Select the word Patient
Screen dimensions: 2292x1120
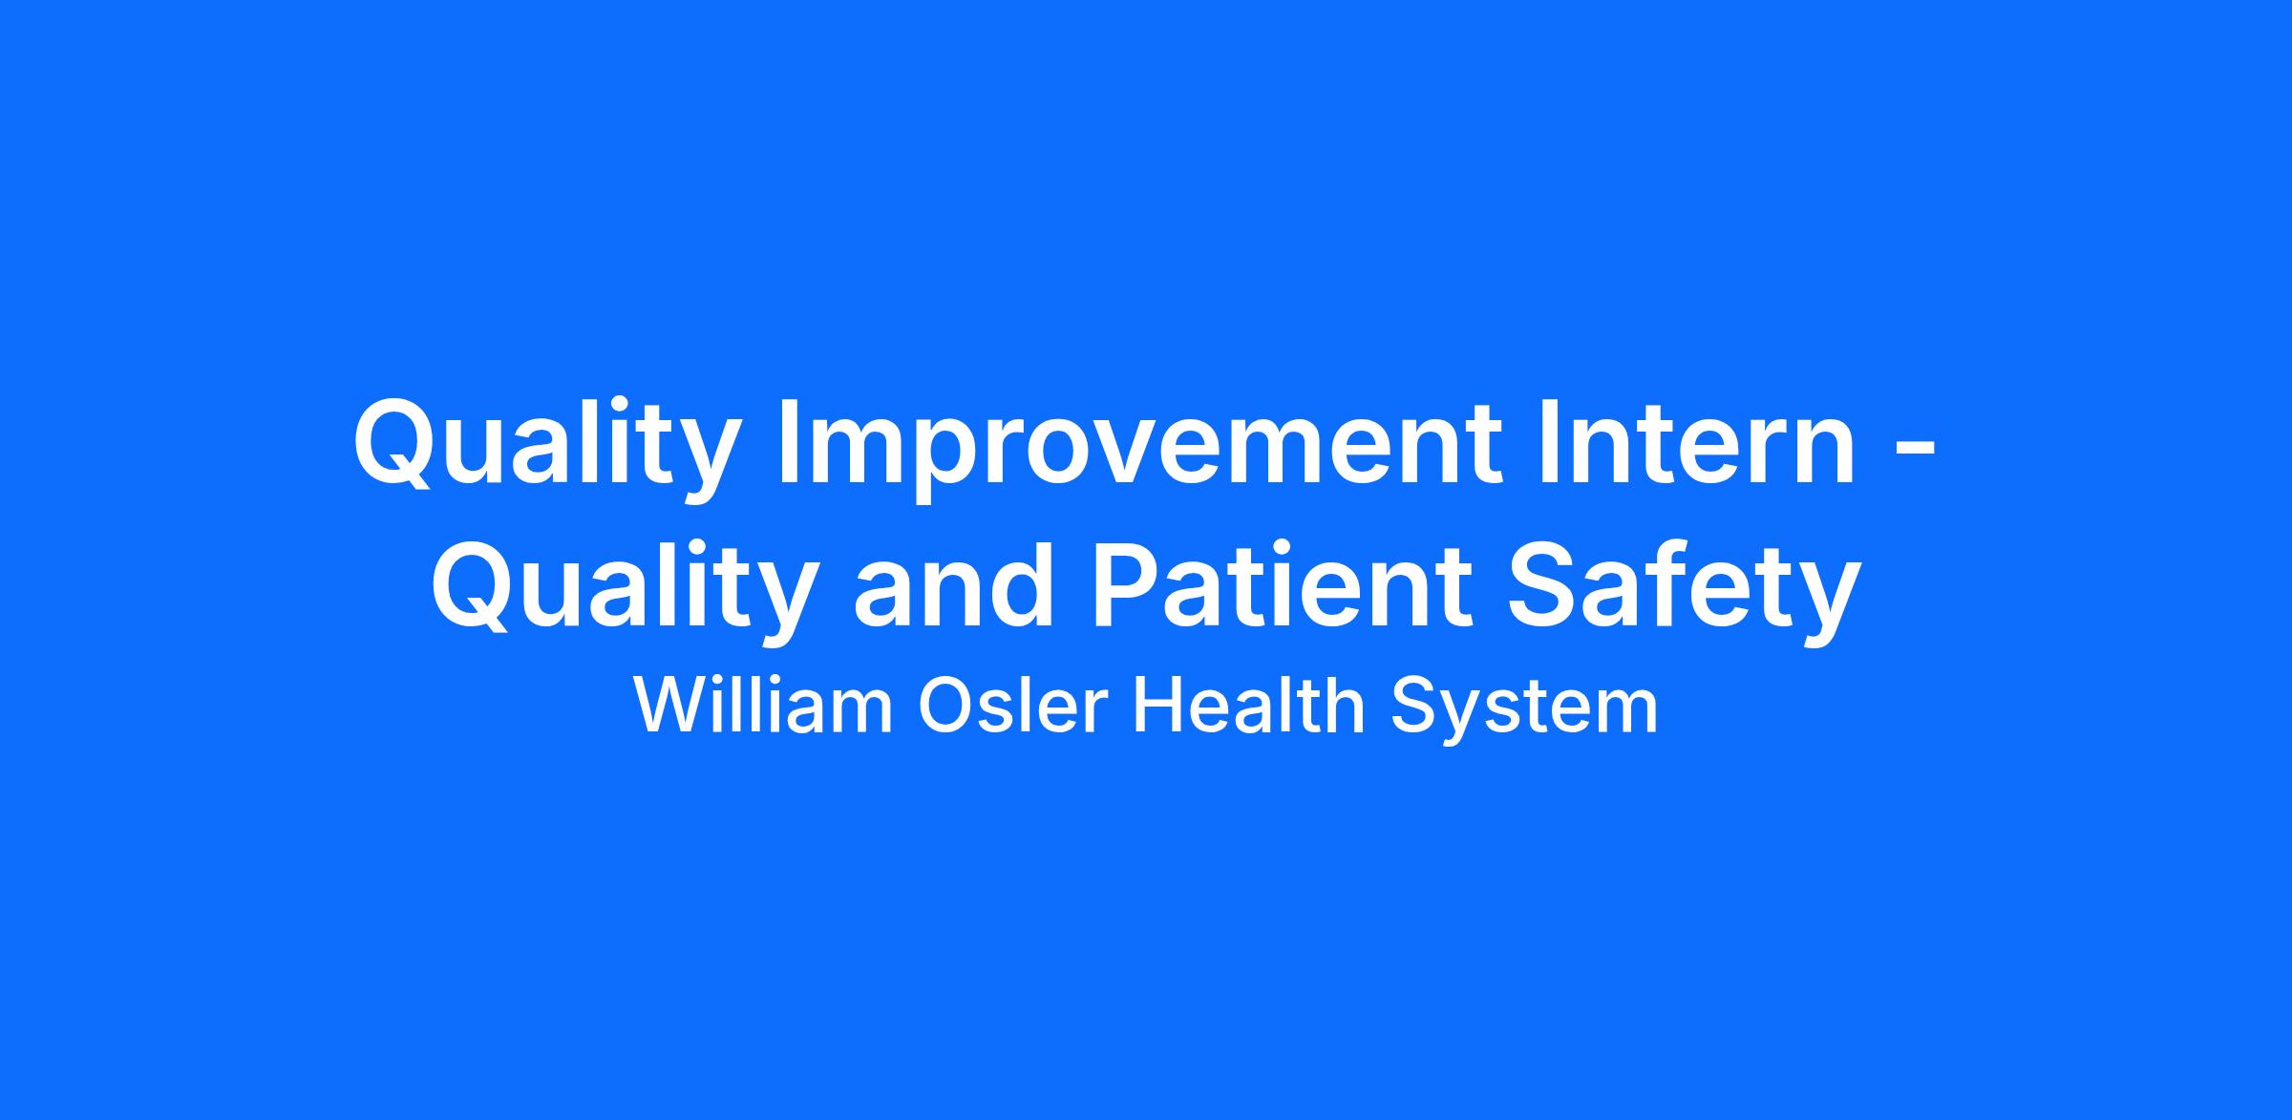[1280, 582]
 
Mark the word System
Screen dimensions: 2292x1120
[1524, 711]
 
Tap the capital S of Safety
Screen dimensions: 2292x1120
[1542, 582]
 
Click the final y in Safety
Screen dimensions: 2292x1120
[1829, 602]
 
